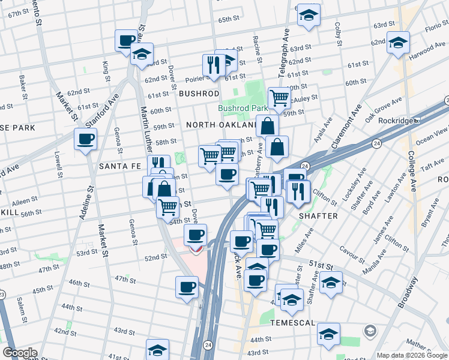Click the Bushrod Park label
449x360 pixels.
click(x=243, y=109)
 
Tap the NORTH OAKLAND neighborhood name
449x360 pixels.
click(x=221, y=125)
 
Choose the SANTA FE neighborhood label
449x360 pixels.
click(x=119, y=166)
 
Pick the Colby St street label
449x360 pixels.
click(x=338, y=35)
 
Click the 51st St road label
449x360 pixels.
click(x=321, y=265)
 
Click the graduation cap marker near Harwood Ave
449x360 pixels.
click(x=397, y=43)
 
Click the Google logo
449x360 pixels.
click(x=20, y=353)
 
